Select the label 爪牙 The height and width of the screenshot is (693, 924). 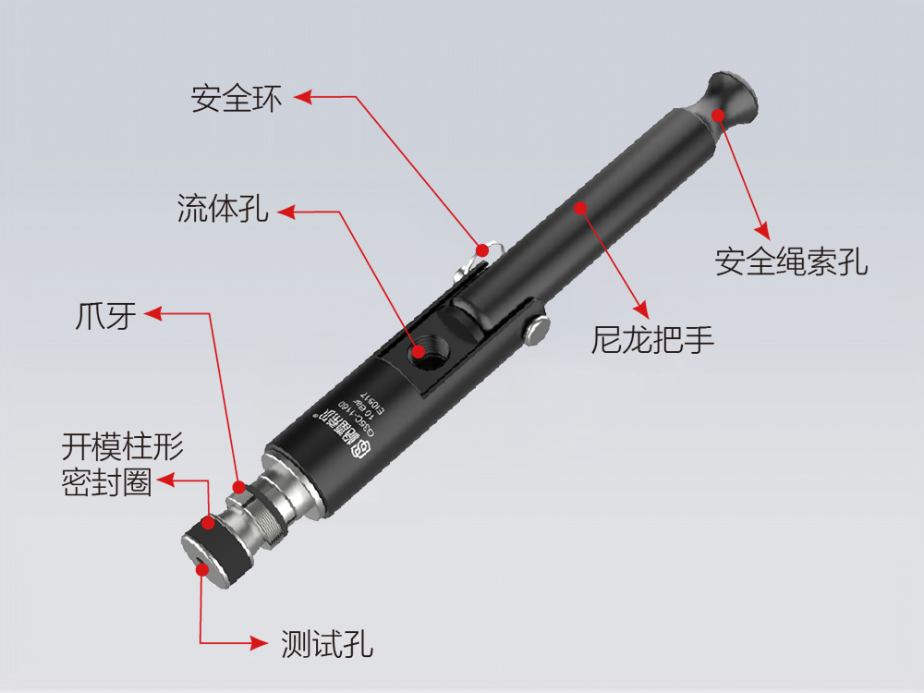click(105, 316)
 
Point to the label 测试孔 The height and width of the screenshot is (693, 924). click(327, 644)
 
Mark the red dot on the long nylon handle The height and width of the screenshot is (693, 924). click(580, 207)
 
